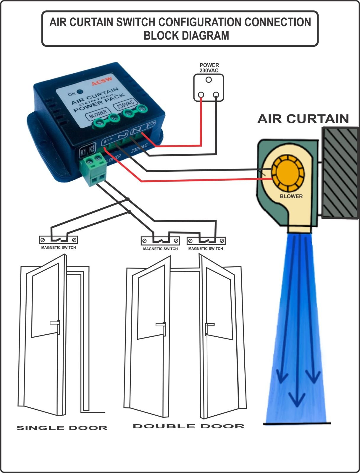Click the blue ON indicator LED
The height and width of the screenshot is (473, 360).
(x=79, y=92)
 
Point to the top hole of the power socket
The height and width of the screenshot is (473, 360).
(x=209, y=80)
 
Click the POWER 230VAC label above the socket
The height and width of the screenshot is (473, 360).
(x=209, y=68)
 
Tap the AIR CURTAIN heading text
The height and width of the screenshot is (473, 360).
(x=303, y=119)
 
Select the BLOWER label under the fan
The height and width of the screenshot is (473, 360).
(x=291, y=196)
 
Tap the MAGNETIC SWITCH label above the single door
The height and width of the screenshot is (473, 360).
(x=58, y=248)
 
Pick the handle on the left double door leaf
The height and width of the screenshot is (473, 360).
(x=161, y=326)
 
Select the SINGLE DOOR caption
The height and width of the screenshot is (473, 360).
(x=62, y=428)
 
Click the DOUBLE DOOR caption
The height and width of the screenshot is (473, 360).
(x=189, y=426)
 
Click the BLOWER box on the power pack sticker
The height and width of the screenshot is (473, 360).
(x=98, y=114)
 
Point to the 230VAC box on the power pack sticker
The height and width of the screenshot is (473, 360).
(x=126, y=105)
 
